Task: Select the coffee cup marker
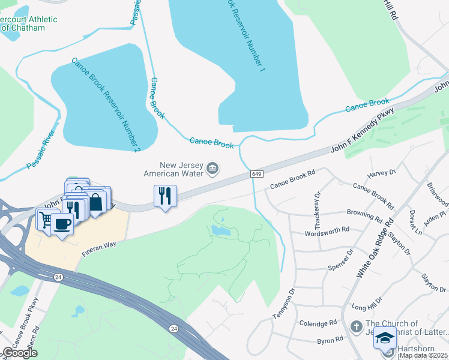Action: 62,224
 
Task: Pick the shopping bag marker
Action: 96,202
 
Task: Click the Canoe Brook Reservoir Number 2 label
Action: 105,104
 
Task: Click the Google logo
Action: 20,353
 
